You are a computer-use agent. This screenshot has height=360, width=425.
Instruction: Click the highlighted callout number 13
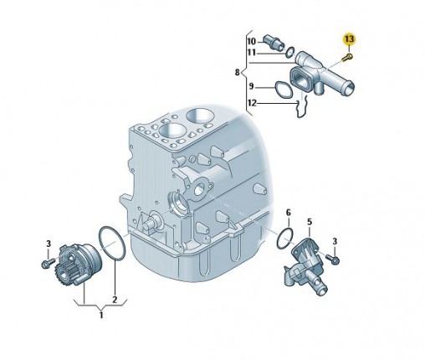349,39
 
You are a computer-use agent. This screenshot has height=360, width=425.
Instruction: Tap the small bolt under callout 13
347,58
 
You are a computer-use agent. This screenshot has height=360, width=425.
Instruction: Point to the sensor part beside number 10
273,42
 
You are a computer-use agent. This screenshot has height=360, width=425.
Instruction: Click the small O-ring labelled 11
290,52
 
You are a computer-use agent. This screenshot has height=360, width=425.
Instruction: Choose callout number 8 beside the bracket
237,73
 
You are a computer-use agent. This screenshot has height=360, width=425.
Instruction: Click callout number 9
251,86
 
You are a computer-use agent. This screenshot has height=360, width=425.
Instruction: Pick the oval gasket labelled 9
284,90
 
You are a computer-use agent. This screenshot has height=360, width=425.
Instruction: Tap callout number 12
252,103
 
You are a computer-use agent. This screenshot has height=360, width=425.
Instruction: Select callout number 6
289,213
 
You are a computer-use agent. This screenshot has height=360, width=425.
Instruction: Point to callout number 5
310,222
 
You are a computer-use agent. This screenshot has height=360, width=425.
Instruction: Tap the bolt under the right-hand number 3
333,259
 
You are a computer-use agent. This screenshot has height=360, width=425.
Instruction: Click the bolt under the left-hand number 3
49,263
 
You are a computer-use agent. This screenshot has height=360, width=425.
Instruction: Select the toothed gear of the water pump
64,274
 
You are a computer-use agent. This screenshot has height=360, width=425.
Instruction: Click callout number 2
115,300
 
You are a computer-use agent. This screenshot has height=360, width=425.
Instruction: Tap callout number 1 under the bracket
101,316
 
